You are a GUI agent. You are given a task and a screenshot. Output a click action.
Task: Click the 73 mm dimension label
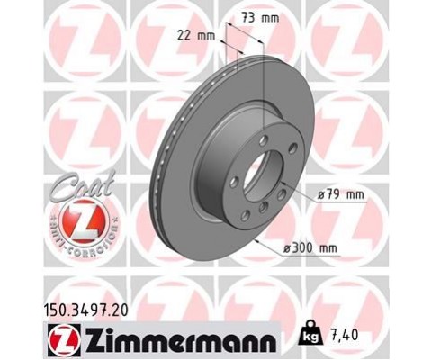[x=260, y=18]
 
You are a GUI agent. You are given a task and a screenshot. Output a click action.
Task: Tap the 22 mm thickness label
[x=196, y=36]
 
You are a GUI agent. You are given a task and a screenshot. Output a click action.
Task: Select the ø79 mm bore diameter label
[x=340, y=194]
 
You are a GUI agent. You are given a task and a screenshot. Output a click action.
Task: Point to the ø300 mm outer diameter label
[x=310, y=248]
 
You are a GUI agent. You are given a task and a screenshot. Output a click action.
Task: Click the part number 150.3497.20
[x=86, y=310]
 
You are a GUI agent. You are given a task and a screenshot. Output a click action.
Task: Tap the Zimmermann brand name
[x=181, y=341]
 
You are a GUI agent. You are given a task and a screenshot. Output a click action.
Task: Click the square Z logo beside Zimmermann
[x=63, y=341]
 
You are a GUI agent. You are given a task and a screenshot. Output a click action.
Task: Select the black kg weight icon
[x=311, y=334]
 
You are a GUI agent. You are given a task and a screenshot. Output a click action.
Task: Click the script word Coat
[x=82, y=186]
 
